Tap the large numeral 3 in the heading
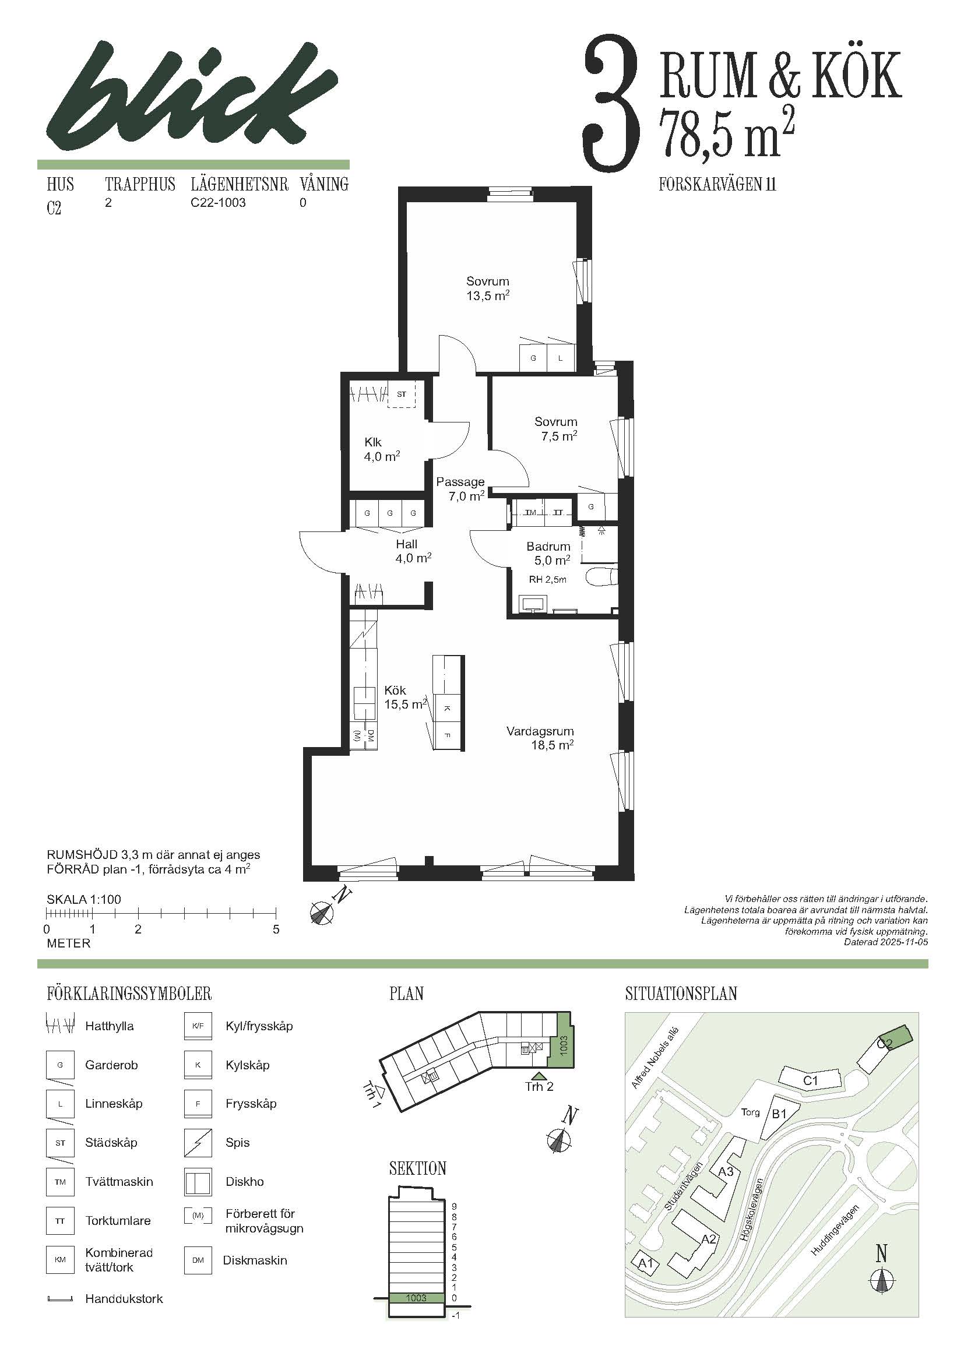click(x=613, y=103)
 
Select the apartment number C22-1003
click(x=218, y=202)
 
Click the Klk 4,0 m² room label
click(x=382, y=449)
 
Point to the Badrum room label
click(x=548, y=546)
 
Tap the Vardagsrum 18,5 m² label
click(x=540, y=738)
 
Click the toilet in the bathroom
click(x=601, y=576)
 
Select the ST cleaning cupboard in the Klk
click(x=402, y=393)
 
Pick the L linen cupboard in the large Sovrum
click(x=560, y=358)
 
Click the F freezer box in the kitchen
click(x=448, y=735)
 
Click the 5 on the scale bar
click(x=276, y=929)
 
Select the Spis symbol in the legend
click(x=198, y=1143)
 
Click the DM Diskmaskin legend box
click(x=198, y=1260)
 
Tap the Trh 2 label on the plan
click(x=539, y=1086)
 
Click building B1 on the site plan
click(x=779, y=1114)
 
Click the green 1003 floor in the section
click(x=416, y=1298)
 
